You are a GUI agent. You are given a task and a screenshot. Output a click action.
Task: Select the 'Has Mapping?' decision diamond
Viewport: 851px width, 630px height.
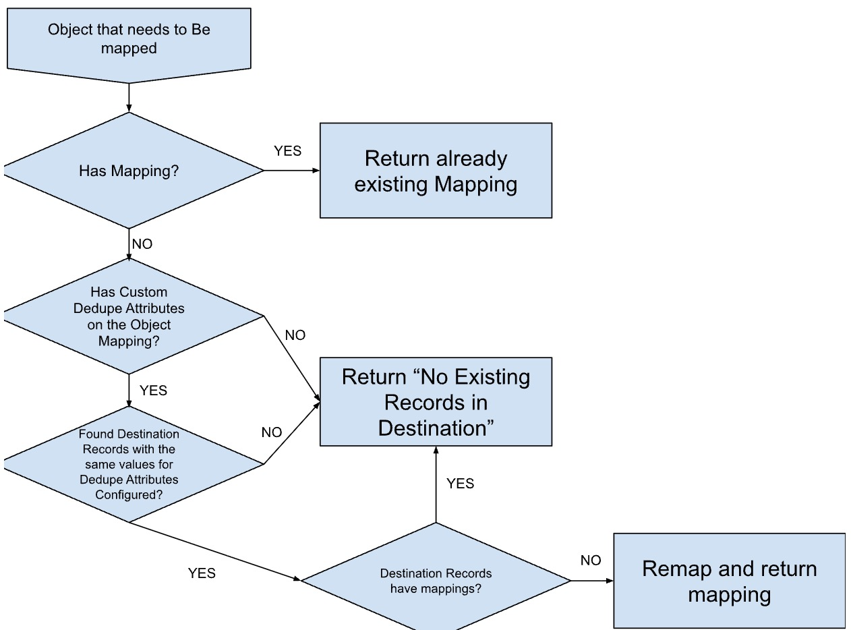click(x=128, y=171)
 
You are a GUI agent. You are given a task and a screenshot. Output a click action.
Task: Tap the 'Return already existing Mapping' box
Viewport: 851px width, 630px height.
click(x=436, y=171)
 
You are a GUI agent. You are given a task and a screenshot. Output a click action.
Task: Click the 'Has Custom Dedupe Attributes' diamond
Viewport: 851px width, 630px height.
click(x=128, y=316)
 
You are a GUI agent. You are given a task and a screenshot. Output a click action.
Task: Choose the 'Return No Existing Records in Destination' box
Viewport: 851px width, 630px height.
click(x=436, y=402)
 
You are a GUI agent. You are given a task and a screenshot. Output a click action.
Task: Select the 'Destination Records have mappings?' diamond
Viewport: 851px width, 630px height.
click(x=436, y=581)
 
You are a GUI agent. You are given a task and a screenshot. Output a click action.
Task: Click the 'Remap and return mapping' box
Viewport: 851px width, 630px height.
click(x=729, y=581)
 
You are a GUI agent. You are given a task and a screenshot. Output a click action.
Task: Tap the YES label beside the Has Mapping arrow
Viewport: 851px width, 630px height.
click(x=287, y=151)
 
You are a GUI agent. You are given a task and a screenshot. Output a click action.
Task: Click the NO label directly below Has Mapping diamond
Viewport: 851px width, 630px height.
click(x=142, y=244)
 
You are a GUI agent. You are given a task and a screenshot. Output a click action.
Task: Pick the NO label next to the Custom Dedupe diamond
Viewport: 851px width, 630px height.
click(x=295, y=335)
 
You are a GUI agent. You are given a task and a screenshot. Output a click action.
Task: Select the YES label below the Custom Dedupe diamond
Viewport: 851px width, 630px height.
click(x=153, y=391)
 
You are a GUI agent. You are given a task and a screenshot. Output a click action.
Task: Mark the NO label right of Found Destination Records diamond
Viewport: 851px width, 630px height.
click(x=272, y=432)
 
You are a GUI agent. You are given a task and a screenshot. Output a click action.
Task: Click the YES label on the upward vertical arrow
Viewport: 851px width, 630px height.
click(x=460, y=484)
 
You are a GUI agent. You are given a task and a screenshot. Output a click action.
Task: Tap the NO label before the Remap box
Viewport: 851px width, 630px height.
click(x=590, y=561)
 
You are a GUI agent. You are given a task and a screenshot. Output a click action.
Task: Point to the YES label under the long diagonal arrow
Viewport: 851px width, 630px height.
click(x=202, y=573)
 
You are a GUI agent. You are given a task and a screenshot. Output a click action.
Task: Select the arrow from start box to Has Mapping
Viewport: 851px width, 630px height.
click(x=128, y=98)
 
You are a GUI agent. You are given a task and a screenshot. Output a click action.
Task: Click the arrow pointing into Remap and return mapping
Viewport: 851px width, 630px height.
click(x=592, y=581)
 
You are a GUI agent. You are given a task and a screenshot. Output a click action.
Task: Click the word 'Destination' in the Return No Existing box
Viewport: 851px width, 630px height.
click(x=436, y=428)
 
